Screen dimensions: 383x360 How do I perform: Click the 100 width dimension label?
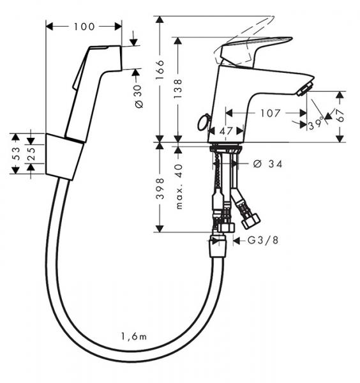click(84, 26)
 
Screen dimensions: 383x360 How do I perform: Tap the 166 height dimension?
click(161, 66)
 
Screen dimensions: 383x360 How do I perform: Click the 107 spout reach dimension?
click(271, 113)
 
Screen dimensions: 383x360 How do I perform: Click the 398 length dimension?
click(161, 188)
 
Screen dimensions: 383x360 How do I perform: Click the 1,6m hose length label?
click(133, 336)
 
